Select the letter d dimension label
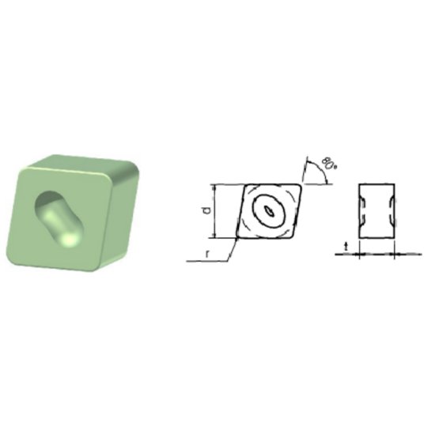click(206, 210)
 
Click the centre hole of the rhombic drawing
click(270, 211)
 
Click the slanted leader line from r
click(231, 251)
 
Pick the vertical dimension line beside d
click(216, 210)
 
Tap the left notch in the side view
click(361, 211)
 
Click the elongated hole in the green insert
click(57, 215)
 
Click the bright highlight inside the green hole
click(69, 237)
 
